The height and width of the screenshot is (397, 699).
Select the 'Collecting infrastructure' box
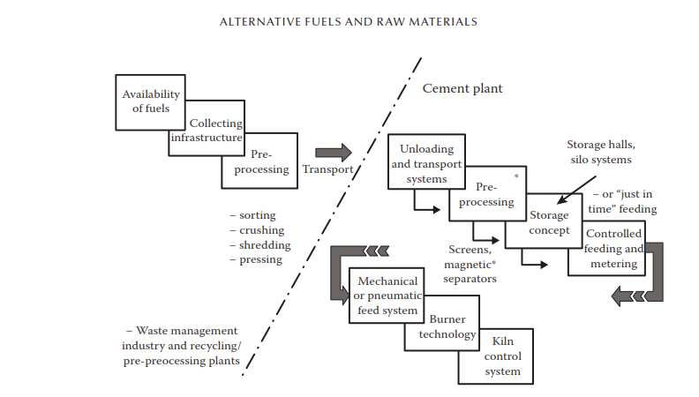(205, 131)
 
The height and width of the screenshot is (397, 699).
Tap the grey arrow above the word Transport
(333, 153)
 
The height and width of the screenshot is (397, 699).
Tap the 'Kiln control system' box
(502, 356)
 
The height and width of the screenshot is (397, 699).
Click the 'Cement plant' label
(462, 88)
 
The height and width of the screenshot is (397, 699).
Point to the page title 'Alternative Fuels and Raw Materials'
(349, 20)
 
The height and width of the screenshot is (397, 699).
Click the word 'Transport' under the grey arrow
(328, 169)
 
